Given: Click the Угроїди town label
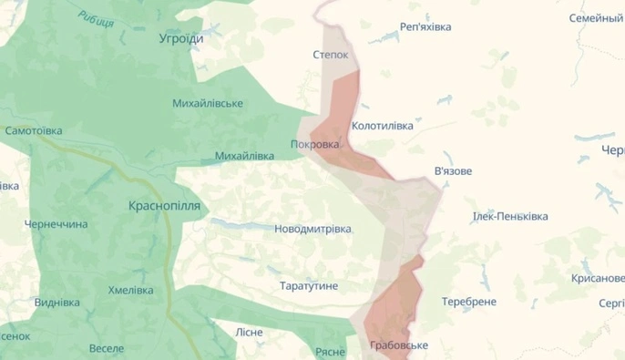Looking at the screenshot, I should pyautogui.click(x=181, y=39).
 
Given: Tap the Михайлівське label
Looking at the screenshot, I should pyautogui.click(x=208, y=103).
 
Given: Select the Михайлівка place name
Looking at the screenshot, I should pyautogui.click(x=244, y=156).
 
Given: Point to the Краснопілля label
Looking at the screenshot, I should pyautogui.click(x=165, y=206).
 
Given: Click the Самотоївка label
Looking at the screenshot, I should pyautogui.click(x=34, y=131).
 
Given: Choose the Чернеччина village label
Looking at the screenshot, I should pyautogui.click(x=56, y=224).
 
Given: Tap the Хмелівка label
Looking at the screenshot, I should pyautogui.click(x=131, y=290).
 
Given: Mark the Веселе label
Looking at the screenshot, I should pyautogui.click(x=107, y=348).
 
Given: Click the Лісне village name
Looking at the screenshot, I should pyautogui.click(x=249, y=332).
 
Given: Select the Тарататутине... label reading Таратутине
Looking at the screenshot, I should pyautogui.click(x=309, y=286).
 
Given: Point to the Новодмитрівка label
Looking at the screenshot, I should pyautogui.click(x=312, y=229).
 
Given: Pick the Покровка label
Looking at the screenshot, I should pyautogui.click(x=314, y=144).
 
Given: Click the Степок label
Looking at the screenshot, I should pyautogui.click(x=331, y=55).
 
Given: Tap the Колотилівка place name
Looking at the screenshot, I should pyautogui.click(x=382, y=125).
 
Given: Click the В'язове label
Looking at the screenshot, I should pyautogui.click(x=454, y=170).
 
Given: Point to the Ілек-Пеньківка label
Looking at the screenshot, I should pyautogui.click(x=509, y=217).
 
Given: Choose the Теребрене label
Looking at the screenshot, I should pyautogui.click(x=469, y=301).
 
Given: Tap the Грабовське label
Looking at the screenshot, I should pyautogui.click(x=399, y=345).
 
